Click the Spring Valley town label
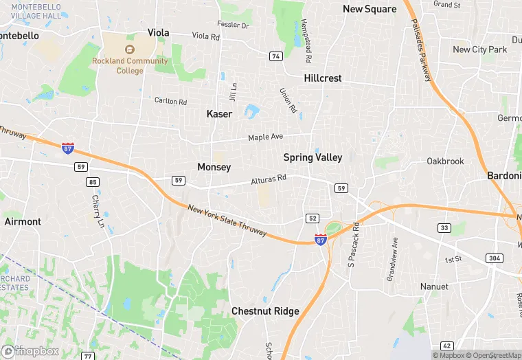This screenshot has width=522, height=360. [x=313, y=157]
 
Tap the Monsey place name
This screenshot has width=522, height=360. [x=214, y=167]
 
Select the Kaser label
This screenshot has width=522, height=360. [x=219, y=113]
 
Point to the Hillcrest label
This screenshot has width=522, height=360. [x=322, y=78]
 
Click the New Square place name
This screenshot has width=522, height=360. [x=370, y=9]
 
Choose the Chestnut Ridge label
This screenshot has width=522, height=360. [x=265, y=311]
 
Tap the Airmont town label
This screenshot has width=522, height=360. [x=23, y=222]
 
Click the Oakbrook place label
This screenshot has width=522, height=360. [x=445, y=161]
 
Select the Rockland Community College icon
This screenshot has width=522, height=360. [x=130, y=49]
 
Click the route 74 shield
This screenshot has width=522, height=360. [x=276, y=56]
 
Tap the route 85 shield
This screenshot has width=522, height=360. [x=93, y=182]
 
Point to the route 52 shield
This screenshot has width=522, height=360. [x=313, y=218]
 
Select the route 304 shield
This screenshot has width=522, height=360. [x=495, y=258]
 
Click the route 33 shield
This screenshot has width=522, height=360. [x=444, y=228]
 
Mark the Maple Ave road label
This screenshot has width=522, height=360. [x=265, y=137]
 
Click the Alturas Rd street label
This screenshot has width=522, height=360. [x=267, y=180]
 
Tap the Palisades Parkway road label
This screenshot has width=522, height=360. [x=420, y=49]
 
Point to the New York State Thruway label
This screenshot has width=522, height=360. [x=227, y=221]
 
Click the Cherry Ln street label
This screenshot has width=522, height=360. [x=98, y=211]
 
